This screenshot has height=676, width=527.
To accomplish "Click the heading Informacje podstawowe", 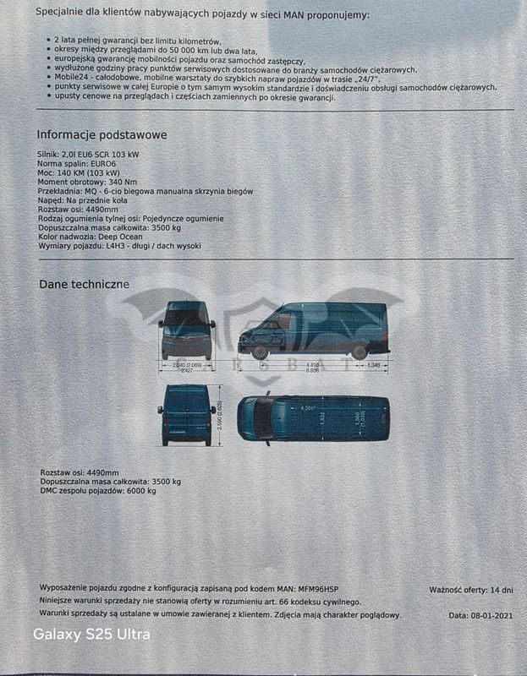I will [102, 135].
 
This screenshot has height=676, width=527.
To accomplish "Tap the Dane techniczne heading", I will [84, 284].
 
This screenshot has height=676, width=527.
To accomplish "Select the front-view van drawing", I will [187, 330].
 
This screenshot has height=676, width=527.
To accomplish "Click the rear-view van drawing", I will [186, 415].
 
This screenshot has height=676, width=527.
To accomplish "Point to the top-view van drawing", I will [313, 417].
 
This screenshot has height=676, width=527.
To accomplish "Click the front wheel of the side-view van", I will [261, 352].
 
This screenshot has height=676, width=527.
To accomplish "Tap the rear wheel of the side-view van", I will [360, 352].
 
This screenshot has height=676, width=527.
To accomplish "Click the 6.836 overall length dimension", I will [313, 370].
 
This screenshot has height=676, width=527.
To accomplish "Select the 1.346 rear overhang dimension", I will [374, 364].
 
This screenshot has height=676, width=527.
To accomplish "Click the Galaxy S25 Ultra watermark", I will [91, 635].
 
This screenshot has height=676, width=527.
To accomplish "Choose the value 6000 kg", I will [140, 491].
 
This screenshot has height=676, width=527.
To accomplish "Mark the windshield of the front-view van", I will [187, 318].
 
